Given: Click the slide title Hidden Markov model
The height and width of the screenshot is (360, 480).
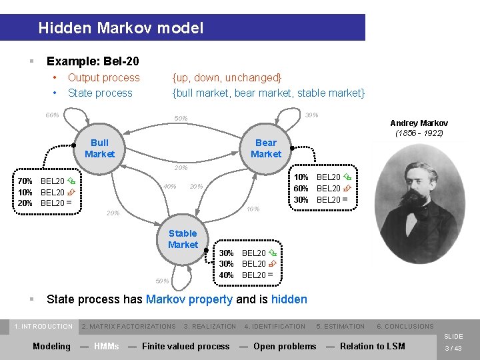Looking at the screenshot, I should coord(121,28).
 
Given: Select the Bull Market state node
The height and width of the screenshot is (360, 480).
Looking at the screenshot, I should coord(99,148).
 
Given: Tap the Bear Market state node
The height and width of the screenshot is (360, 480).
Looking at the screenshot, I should coord(266,148).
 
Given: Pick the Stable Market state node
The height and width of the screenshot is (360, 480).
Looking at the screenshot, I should coord(183,239).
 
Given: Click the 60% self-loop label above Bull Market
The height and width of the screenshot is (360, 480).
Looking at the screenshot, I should coord(52,115).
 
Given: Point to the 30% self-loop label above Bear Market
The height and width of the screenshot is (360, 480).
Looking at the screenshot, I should coord(311,115).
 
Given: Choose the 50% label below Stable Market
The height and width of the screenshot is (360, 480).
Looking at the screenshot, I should coord(162,281).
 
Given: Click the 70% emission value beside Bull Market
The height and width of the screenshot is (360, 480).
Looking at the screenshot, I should coord(25,181).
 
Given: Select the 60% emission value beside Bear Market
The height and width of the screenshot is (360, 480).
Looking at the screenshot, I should coord(301,189).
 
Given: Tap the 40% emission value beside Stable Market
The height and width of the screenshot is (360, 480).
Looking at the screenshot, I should coord(227,275).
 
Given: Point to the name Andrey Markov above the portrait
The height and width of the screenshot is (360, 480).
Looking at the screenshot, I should coord(419,123).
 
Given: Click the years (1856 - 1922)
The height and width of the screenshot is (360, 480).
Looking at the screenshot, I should coord(419,133).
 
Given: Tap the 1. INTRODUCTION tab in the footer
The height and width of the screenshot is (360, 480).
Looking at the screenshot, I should coord(43,326).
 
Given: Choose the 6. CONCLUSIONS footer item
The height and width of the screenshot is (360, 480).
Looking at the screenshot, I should coord(405,326).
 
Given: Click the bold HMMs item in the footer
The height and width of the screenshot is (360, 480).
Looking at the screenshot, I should coord(107,346).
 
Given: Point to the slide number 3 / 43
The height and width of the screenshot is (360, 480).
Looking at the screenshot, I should coord(453,348).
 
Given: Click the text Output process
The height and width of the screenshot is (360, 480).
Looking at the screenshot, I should coord(104,77).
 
